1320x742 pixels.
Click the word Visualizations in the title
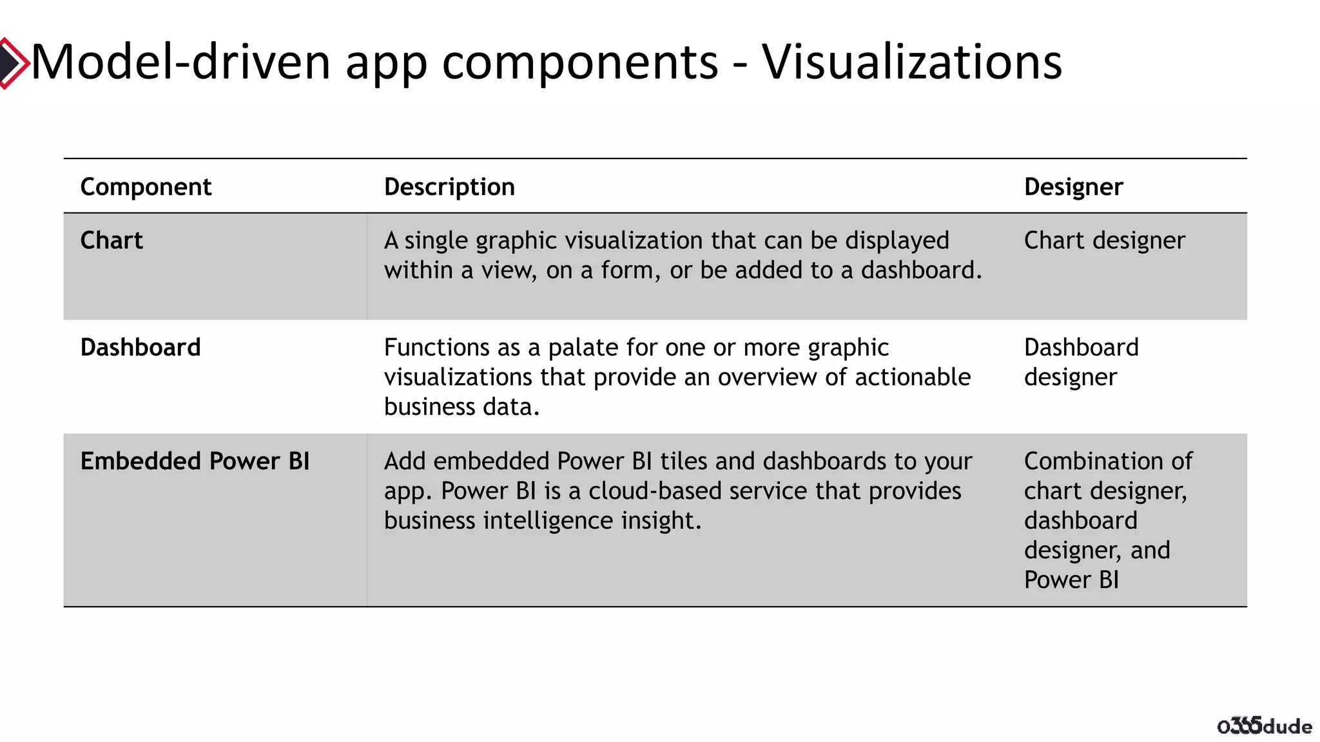point(912,62)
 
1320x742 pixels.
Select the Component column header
point(146,187)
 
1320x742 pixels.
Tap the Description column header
point(449,187)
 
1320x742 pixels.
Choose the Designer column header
point(1073,187)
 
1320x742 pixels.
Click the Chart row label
point(112,240)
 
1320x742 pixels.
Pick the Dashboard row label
point(141,347)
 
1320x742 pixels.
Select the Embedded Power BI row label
point(195,461)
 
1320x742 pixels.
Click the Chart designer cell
point(1104,240)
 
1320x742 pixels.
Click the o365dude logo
point(1264,725)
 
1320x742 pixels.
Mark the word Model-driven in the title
point(181,62)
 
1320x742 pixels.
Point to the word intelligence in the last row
point(548,520)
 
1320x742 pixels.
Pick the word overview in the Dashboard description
point(767,377)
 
